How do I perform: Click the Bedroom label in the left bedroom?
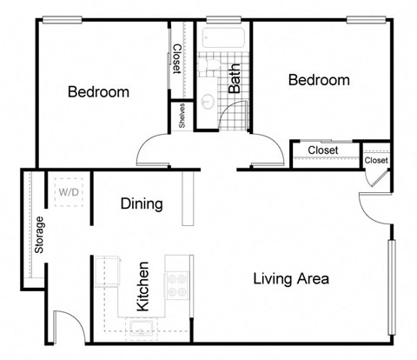99,92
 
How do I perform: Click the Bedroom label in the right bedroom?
319,80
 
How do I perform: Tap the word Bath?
235,78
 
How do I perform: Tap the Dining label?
141,204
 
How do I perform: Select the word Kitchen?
143,286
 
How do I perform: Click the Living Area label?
290,279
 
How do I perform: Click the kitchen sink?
139,328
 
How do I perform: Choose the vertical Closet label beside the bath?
177,59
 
